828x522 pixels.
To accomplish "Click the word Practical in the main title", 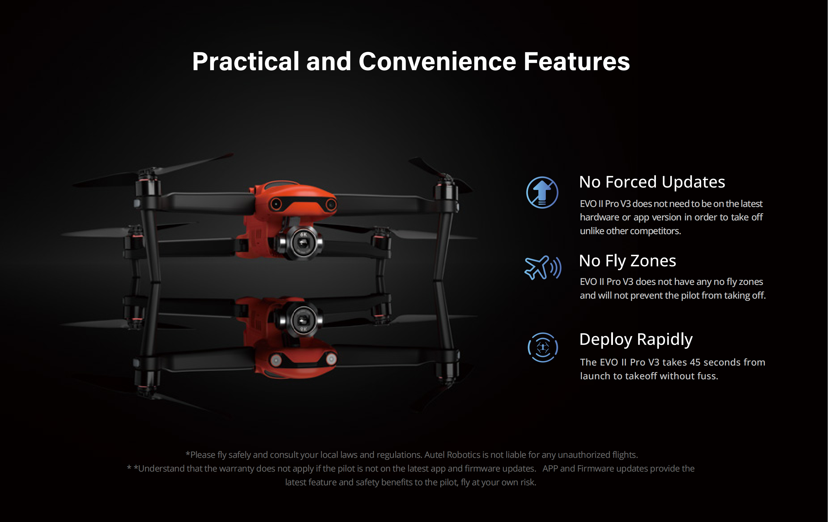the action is (x=245, y=62).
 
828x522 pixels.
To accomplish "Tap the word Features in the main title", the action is (x=577, y=62).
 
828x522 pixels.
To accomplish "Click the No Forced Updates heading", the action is (x=652, y=182).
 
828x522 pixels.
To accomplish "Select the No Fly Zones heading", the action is (x=628, y=261).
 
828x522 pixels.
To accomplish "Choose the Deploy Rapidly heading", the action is (x=636, y=340).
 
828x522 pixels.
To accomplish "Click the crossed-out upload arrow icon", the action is (x=542, y=193).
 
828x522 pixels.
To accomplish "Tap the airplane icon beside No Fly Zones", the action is (x=542, y=268).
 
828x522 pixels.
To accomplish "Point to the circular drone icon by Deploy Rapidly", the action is (x=543, y=347).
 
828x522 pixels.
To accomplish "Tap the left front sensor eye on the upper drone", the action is (x=276, y=204).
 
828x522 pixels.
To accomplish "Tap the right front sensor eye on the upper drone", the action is (x=331, y=205).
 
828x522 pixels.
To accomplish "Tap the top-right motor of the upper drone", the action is (x=446, y=191).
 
